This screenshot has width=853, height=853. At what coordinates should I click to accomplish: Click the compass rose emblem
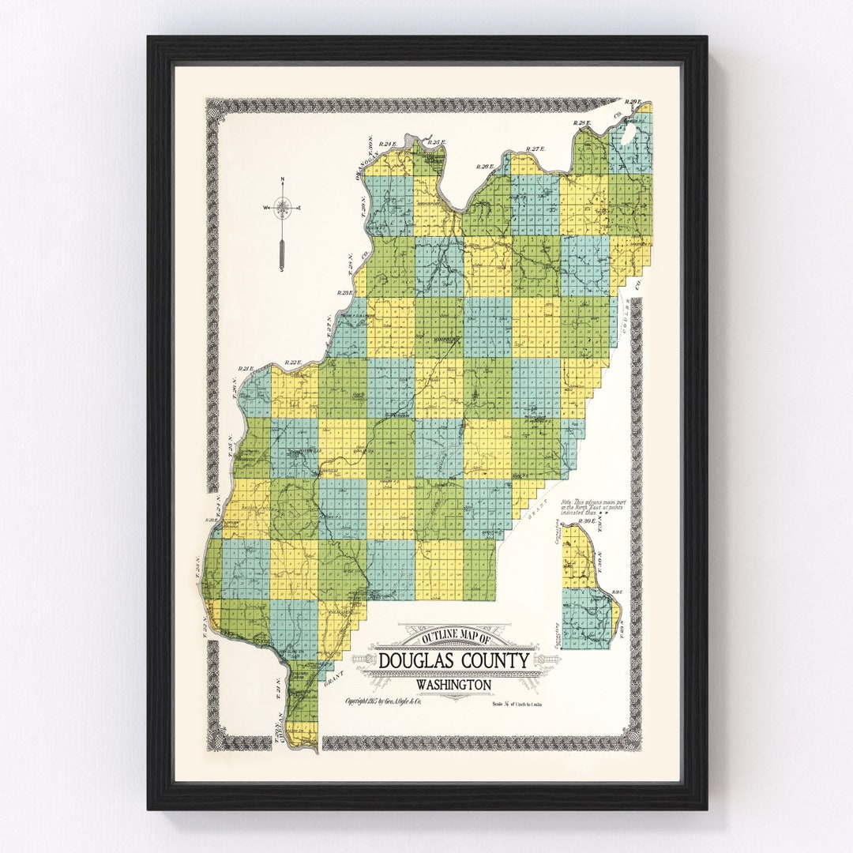pyautogui.click(x=282, y=208)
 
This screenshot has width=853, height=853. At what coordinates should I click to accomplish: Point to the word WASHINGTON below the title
pyautogui.click(x=453, y=685)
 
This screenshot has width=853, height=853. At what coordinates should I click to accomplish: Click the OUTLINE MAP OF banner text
pyautogui.click(x=457, y=637)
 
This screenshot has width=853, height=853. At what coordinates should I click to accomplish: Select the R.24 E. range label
pyautogui.click(x=386, y=144)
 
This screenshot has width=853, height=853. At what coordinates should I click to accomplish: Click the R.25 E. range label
pyautogui.click(x=436, y=143)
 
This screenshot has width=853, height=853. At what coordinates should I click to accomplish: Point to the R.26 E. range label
pyautogui.click(x=484, y=167)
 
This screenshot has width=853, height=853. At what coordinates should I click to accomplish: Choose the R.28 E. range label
pyautogui.click(x=583, y=123)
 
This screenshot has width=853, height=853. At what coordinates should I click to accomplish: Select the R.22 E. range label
pyautogui.click(x=293, y=363)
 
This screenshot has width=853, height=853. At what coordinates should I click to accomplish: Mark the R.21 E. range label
pyautogui.click(x=244, y=368)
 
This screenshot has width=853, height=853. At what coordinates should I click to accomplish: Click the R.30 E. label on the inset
pyautogui.click(x=587, y=522)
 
